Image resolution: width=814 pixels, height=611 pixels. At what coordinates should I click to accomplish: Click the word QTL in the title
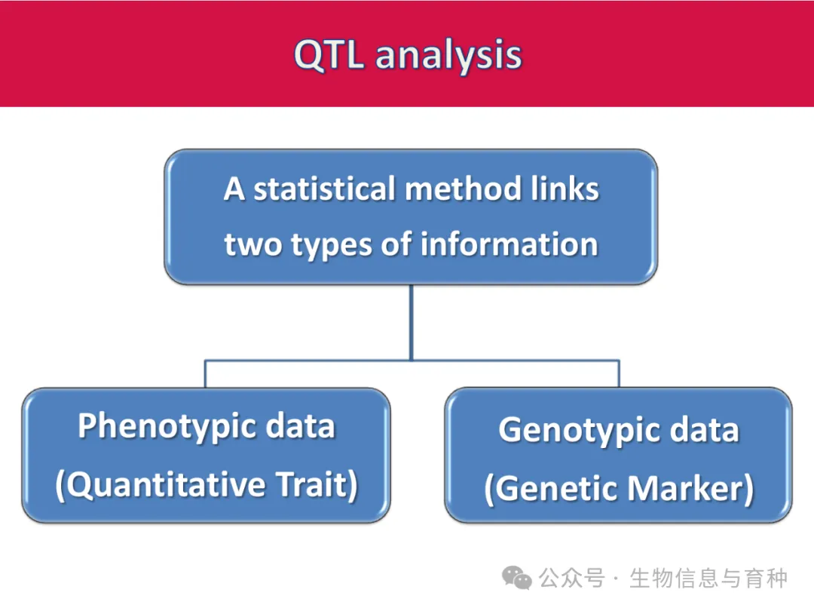pos(329,54)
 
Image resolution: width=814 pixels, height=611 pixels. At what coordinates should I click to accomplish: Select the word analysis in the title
pos(448,56)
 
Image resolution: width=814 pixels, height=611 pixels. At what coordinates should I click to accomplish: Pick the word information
pos(510,244)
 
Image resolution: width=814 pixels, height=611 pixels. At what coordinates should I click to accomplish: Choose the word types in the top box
pos(331,245)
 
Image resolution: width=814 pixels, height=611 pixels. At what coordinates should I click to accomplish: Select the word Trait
pos(317,484)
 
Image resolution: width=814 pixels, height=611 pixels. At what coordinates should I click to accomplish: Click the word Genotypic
pos(580,431)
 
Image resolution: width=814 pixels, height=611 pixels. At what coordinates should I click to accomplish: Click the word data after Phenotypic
pos(300,426)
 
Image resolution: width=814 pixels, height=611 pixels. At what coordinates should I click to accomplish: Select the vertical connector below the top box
pos(412,322)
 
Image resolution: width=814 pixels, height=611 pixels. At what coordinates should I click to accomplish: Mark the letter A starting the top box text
pos(234,189)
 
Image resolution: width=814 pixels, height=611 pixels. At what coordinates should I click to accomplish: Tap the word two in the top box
pos(252,244)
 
